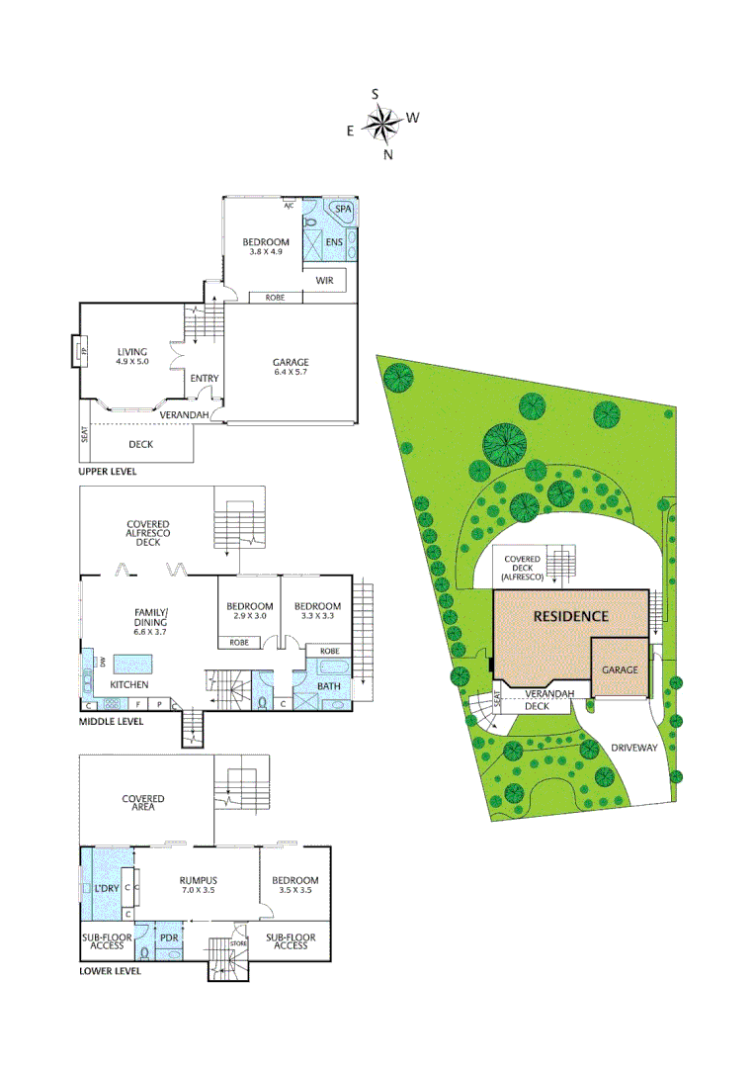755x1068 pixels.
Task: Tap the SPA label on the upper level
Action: click(344, 210)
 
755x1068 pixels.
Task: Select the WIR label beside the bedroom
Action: click(325, 281)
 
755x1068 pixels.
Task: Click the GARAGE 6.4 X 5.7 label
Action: click(292, 368)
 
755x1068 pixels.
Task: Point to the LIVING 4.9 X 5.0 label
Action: click(131, 357)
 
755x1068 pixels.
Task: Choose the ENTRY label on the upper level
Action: click(205, 379)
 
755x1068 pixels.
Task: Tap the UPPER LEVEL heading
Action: click(108, 472)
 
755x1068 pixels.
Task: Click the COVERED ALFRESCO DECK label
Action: click(147, 533)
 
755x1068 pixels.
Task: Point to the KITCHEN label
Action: click(128, 684)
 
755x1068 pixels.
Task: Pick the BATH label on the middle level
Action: click(329, 685)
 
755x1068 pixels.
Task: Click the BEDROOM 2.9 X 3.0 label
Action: click(249, 611)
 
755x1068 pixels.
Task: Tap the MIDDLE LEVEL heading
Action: click(111, 722)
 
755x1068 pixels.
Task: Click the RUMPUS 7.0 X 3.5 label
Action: click(198, 884)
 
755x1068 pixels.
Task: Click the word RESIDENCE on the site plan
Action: click(570, 616)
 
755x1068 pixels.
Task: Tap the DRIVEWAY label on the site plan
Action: click(634, 748)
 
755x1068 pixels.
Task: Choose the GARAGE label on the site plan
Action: click(620, 669)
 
